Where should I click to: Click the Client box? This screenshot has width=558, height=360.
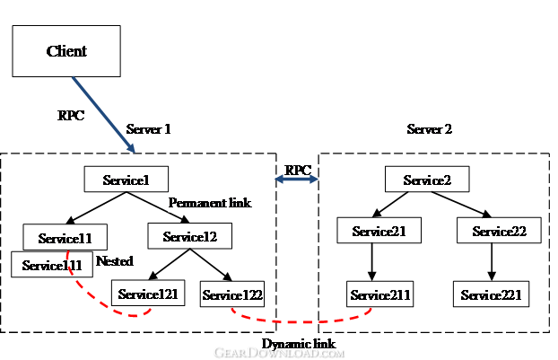pyautogui.click(x=66, y=51)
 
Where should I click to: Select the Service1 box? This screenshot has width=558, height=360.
pyautogui.click(x=126, y=180)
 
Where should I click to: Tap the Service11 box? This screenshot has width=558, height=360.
pyautogui.click(x=65, y=237)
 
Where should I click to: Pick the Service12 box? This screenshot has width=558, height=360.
pyautogui.click(x=190, y=236)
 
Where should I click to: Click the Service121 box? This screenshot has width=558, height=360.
pyautogui.click(x=148, y=293)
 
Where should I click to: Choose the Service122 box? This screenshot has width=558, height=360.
pyautogui.click(x=232, y=294)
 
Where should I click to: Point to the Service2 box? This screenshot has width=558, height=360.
pyautogui.click(x=427, y=180)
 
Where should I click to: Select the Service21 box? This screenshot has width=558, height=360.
pyautogui.click(x=379, y=231)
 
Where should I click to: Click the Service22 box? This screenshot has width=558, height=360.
pyautogui.click(x=500, y=231)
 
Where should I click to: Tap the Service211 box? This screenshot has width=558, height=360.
pyautogui.click(x=380, y=294)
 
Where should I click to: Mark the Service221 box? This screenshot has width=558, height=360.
pyautogui.click(x=491, y=294)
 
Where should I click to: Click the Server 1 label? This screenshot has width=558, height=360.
pyautogui.click(x=148, y=129)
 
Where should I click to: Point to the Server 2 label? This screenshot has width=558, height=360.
pyautogui.click(x=430, y=129)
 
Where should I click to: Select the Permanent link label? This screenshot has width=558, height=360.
pyautogui.click(x=210, y=203)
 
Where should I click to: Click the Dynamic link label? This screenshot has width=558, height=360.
pyautogui.click(x=299, y=344)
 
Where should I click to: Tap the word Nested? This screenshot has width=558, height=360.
pyautogui.click(x=115, y=261)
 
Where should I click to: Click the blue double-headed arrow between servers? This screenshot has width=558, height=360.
pyautogui.click(x=297, y=180)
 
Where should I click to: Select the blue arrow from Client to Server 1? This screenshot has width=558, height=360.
pyautogui.click(x=103, y=115)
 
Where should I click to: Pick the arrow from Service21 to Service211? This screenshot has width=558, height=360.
pyautogui.click(x=372, y=262)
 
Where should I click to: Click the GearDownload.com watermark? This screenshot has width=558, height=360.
pyautogui.click(x=279, y=353)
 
